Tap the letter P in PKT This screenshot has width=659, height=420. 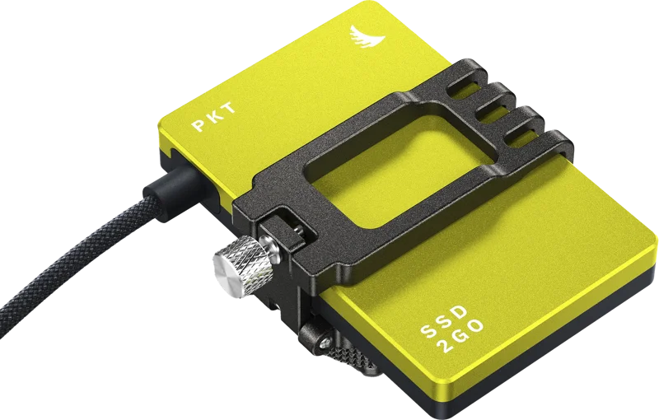point(199,125)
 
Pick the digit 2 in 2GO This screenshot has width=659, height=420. point(444,347)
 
